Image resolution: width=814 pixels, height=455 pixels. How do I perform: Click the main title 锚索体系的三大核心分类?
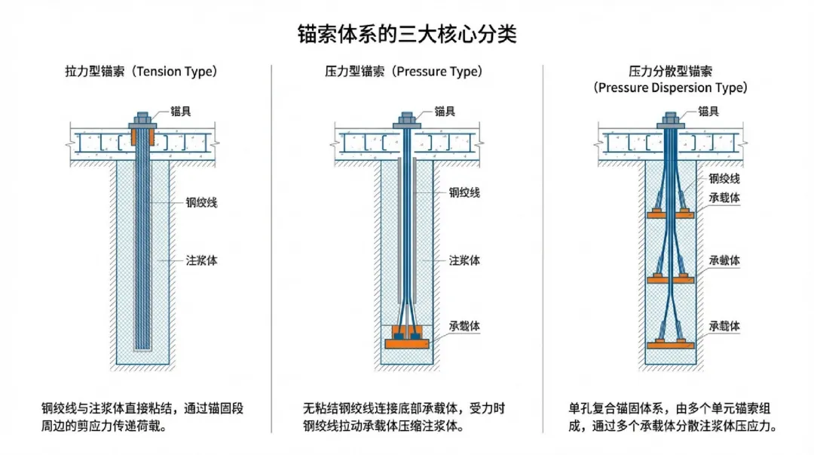(x=407, y=35)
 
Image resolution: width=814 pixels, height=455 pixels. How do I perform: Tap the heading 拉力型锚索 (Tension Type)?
(x=141, y=72)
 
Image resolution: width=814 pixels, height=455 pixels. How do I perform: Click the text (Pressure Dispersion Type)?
(x=671, y=88)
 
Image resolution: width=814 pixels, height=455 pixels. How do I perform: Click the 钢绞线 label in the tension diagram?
(x=201, y=202)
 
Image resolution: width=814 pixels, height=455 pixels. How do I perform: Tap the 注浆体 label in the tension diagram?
(x=201, y=260)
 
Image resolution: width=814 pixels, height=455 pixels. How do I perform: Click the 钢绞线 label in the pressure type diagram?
(x=464, y=192)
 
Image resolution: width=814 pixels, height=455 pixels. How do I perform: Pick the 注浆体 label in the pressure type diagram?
(x=464, y=260)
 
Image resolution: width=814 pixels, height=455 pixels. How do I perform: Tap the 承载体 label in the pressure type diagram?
(x=464, y=326)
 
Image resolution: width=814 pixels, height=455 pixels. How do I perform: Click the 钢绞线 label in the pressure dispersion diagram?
(x=724, y=179)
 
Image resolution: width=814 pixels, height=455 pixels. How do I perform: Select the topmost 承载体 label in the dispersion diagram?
(x=724, y=198)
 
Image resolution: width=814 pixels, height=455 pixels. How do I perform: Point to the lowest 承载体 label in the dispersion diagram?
(x=724, y=326)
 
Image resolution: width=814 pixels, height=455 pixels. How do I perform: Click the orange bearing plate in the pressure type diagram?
(x=406, y=343)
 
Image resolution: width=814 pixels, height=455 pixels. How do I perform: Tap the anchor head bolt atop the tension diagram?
(x=142, y=120)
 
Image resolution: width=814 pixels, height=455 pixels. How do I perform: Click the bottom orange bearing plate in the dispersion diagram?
(x=670, y=344)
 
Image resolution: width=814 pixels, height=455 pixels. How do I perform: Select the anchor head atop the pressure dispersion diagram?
(x=670, y=120)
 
